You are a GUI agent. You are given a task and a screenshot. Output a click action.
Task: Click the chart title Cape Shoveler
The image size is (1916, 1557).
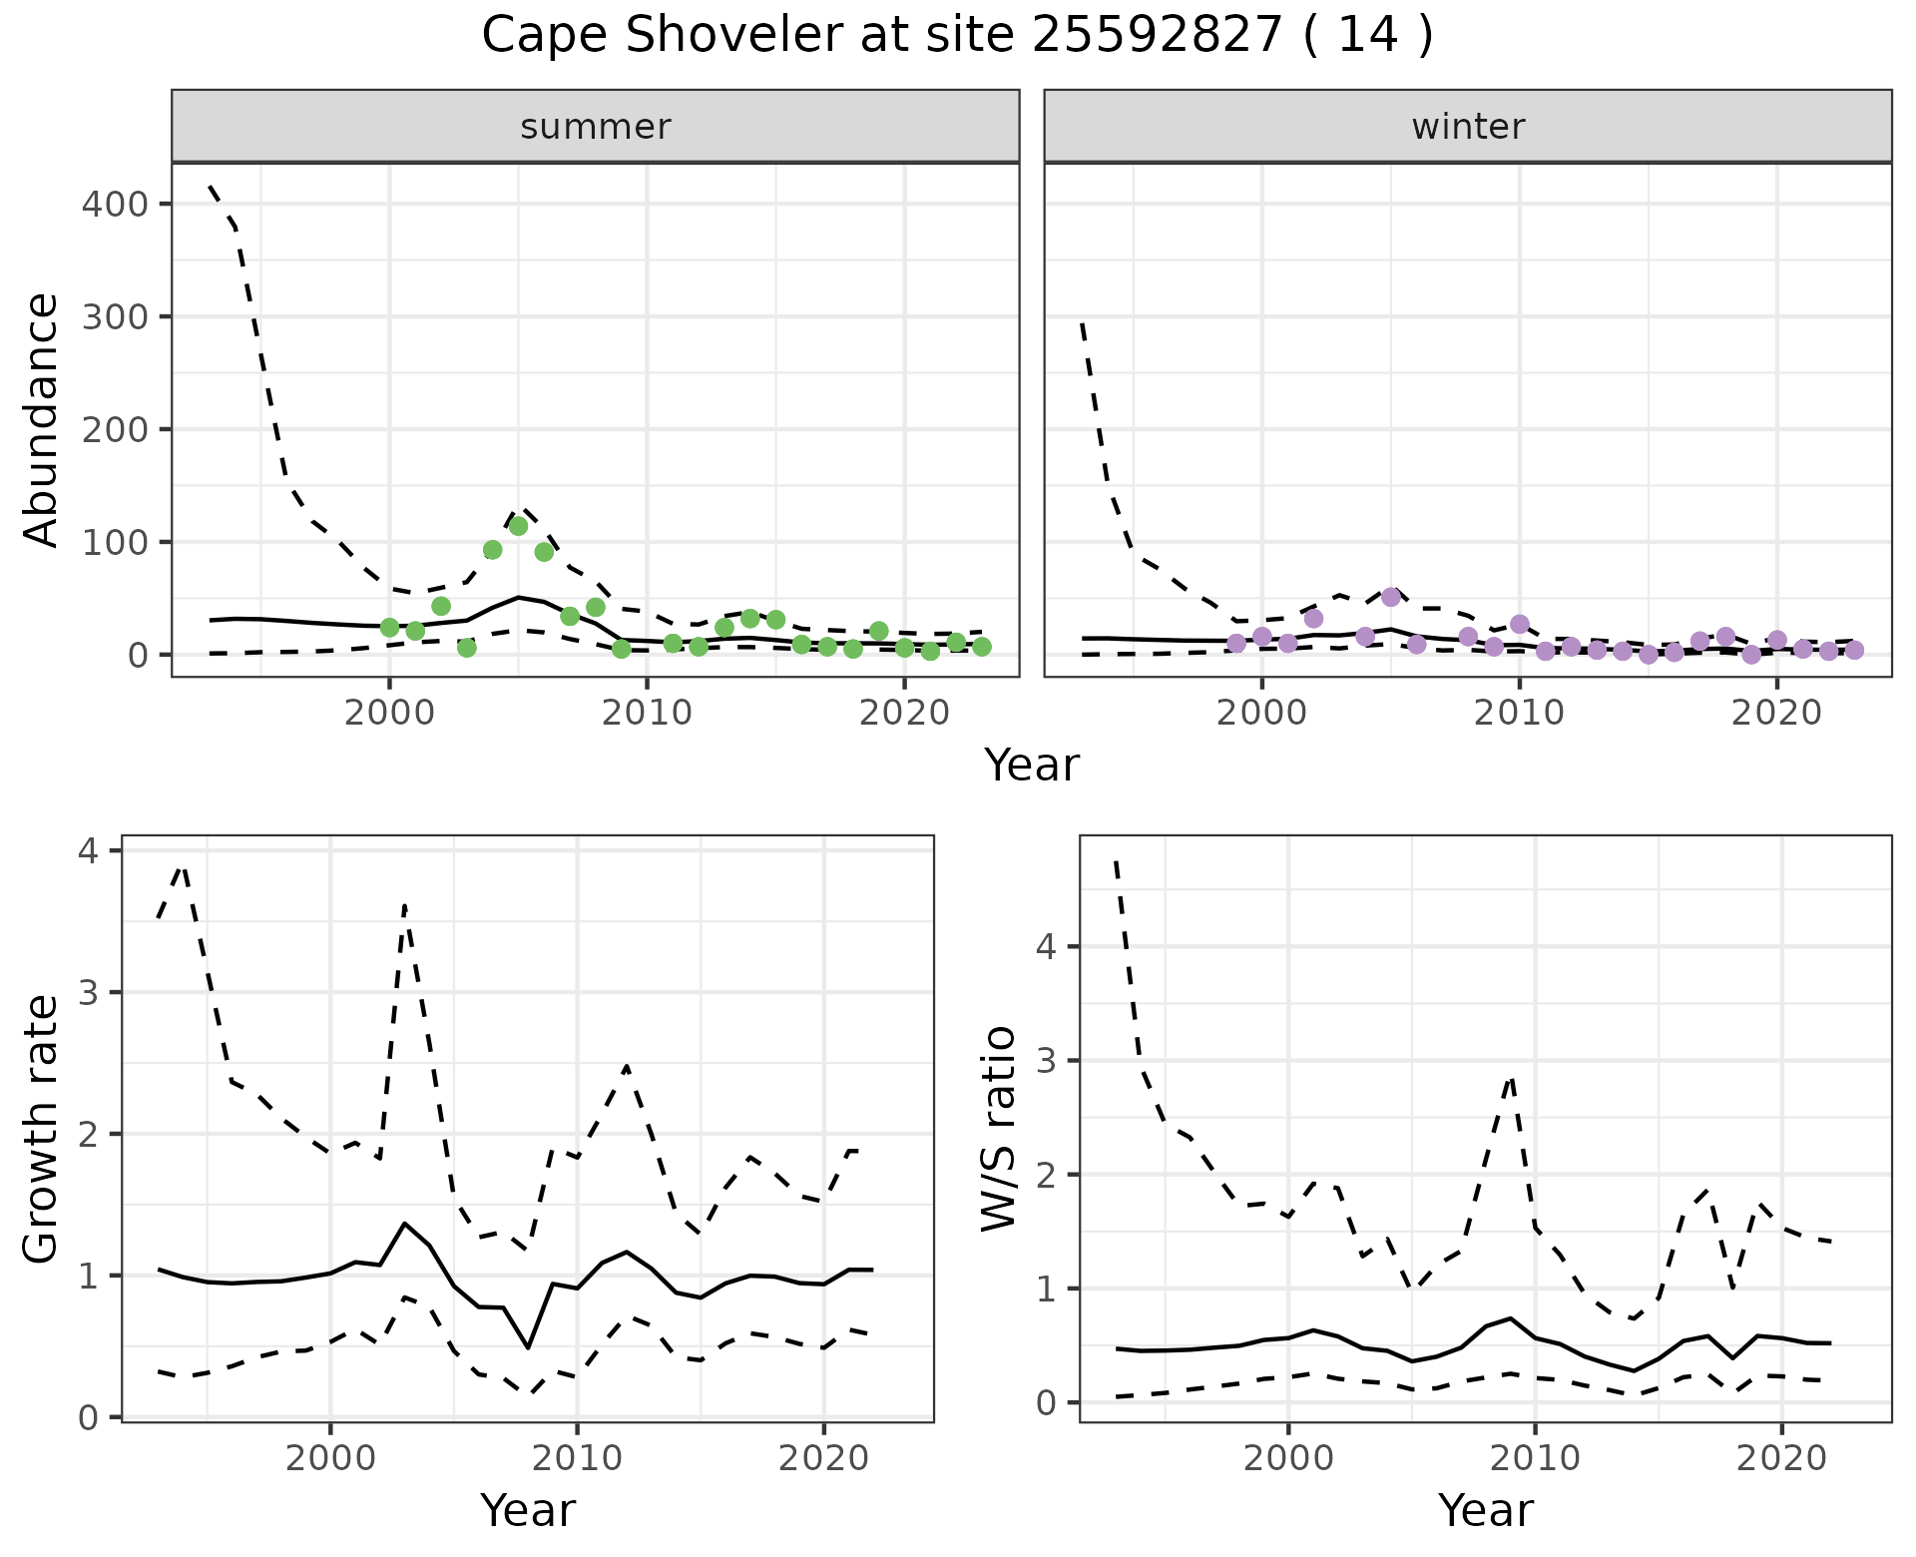(x=956, y=36)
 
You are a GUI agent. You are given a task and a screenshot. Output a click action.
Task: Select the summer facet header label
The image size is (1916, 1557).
(x=595, y=127)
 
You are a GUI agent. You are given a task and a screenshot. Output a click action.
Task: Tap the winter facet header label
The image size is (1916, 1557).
(x=1467, y=127)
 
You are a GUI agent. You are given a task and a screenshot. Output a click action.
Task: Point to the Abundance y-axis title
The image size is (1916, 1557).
(x=42, y=419)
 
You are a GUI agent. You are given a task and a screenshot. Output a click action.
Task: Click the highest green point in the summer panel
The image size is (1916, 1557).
(x=518, y=526)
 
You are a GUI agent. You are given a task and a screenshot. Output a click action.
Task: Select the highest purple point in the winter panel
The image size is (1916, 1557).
(x=1391, y=597)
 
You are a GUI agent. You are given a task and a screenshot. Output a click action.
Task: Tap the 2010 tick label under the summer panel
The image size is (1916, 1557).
(x=647, y=713)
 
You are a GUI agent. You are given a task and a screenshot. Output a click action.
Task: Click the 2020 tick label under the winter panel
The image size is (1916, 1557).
(x=1776, y=713)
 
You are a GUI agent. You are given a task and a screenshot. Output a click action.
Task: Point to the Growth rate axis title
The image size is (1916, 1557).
(x=42, y=1130)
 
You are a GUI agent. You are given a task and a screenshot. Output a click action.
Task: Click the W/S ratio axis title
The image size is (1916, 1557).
(x=998, y=1128)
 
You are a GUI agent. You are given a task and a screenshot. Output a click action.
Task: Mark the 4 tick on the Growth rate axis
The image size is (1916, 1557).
(x=90, y=851)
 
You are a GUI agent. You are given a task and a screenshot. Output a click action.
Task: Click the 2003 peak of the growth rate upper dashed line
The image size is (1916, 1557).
(x=404, y=904)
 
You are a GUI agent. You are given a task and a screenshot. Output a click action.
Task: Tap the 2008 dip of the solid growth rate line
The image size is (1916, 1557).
(x=528, y=1347)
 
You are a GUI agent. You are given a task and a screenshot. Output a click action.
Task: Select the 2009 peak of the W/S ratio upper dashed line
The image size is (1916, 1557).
(x=1511, y=1079)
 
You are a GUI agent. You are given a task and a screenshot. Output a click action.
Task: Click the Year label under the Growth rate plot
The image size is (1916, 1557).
(x=527, y=1511)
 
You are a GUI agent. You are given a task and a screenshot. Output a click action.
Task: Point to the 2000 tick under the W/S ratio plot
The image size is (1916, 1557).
(x=1287, y=1458)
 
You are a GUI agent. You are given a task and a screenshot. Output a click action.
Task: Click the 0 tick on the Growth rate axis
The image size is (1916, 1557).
(x=90, y=1418)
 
